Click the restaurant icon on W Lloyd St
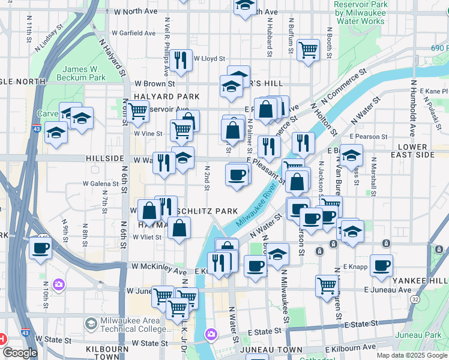[x=180, y=59]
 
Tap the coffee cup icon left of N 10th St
[x=40, y=247]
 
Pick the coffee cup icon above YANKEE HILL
[x=381, y=265]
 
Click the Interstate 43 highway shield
[x=37, y=128]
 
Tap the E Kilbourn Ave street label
[x=351, y=347]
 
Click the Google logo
[x=19, y=353]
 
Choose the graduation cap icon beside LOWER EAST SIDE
[x=352, y=155]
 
